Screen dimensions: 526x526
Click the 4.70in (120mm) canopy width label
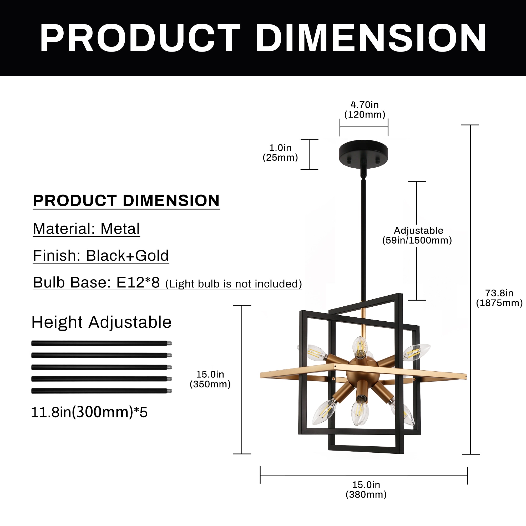coord(365,110)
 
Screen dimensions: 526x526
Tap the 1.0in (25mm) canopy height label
coord(280,153)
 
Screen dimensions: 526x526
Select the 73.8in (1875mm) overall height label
coord(499,298)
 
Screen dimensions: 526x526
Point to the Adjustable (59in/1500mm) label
coord(417,235)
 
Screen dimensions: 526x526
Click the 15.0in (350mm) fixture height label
coord(210,379)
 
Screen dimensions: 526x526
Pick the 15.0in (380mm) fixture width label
coord(366,489)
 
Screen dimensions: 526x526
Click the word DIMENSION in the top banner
coord(371,38)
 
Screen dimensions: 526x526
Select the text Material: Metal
coord(86,229)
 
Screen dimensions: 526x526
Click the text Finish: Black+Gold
coord(101,256)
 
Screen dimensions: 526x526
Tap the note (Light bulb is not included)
coord(234,284)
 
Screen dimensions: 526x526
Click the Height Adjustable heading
coord(101,322)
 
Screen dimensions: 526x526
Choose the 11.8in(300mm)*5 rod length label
coord(89,412)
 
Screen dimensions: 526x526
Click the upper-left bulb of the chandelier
coord(316,352)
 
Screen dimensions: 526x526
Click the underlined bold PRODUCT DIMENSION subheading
coord(126,201)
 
